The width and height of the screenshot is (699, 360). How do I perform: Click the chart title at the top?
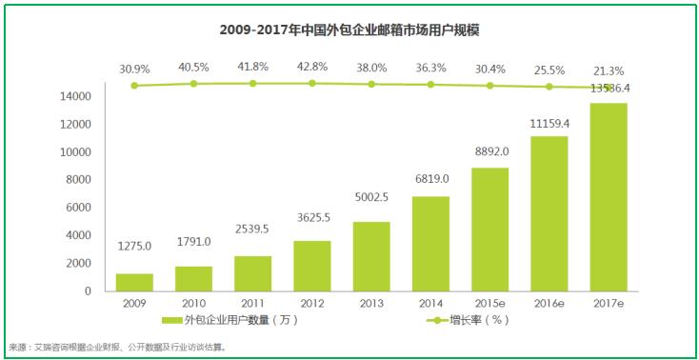coord(349,31)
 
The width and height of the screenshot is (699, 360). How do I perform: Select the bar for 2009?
coord(134,282)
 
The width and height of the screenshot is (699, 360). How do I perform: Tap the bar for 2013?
coord(370,256)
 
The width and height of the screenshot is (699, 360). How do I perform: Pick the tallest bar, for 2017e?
coord(608,197)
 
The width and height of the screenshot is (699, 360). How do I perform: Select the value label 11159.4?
coord(549,124)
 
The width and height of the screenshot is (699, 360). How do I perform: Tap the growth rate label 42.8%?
coord(311,68)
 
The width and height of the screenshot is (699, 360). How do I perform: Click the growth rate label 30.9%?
coord(134,68)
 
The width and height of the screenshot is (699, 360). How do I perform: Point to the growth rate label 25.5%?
coord(549,68)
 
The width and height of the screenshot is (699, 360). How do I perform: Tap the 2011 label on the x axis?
coord(252,304)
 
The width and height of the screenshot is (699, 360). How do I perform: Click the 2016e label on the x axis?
coord(549,304)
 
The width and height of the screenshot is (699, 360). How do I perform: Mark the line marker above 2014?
coord(430,85)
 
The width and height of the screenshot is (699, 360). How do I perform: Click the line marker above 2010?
coord(193,84)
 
